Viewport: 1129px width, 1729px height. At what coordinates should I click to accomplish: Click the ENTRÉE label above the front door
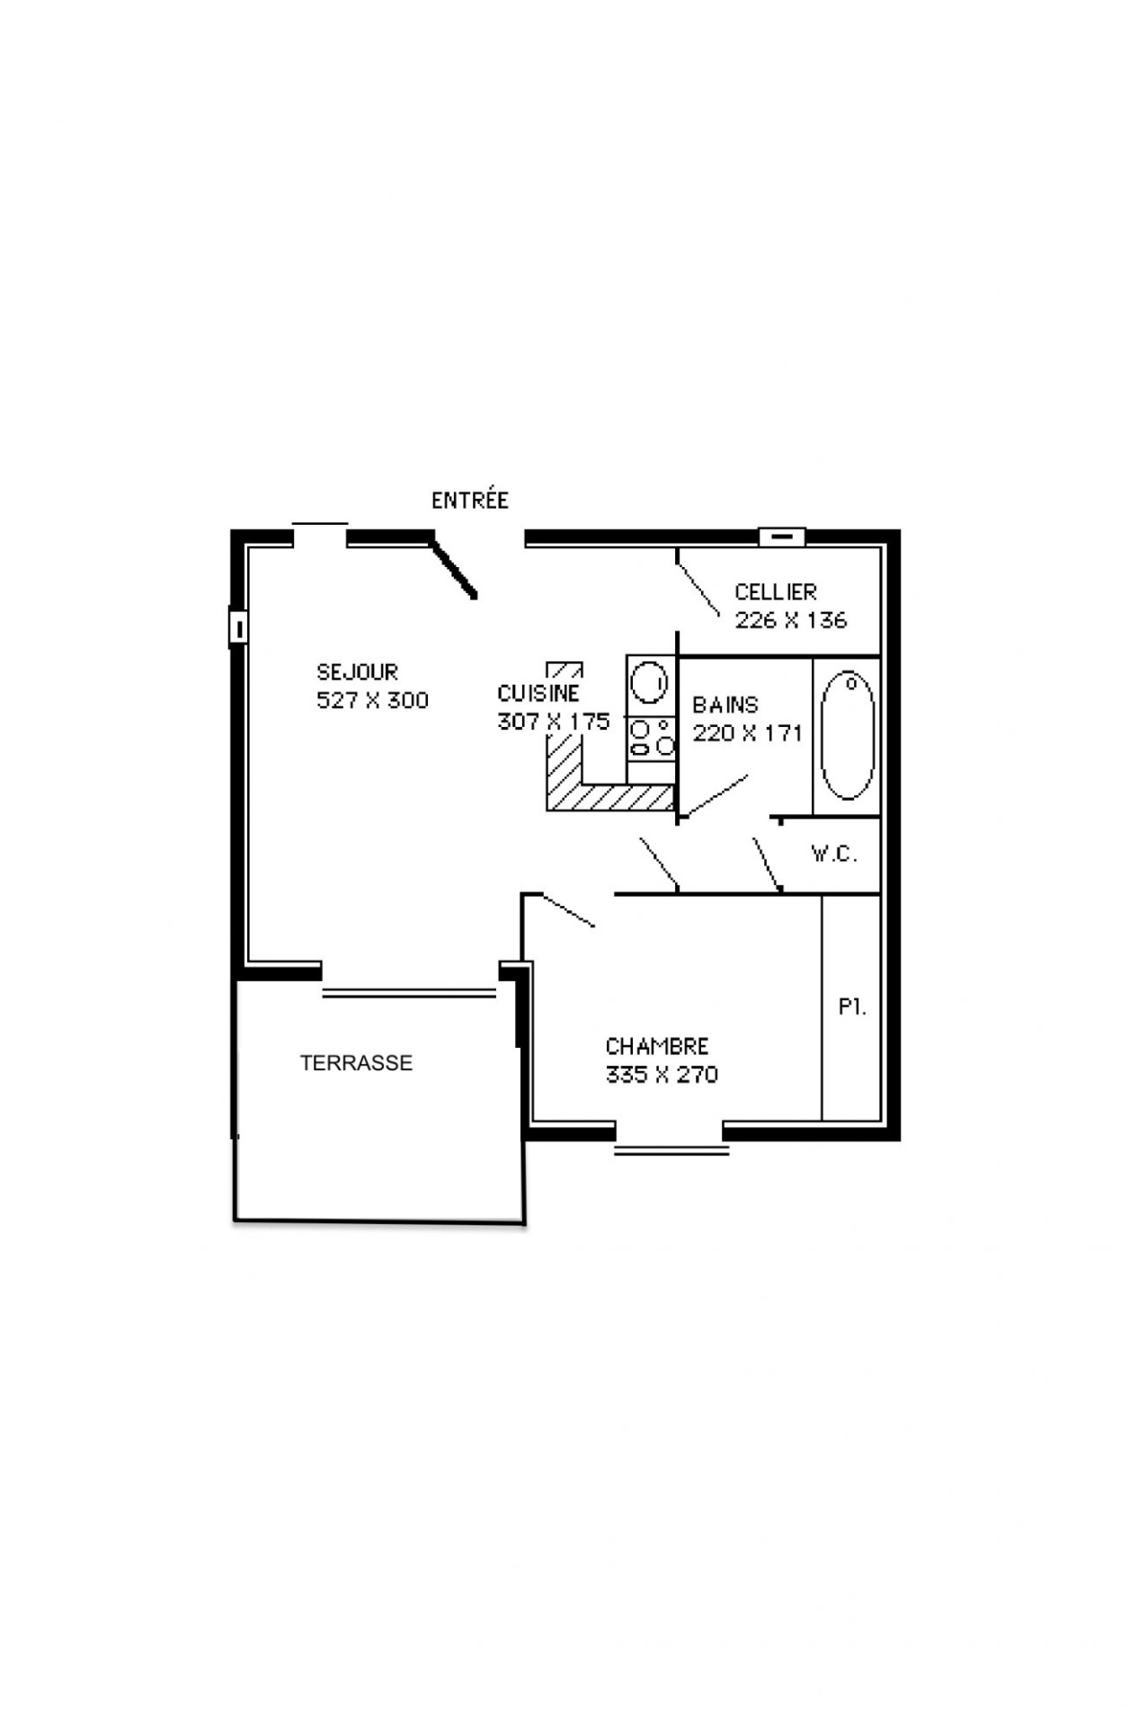tap(470, 500)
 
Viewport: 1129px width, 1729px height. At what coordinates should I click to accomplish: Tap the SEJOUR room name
tap(357, 671)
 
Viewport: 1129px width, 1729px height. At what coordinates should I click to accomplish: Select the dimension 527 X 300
tap(372, 700)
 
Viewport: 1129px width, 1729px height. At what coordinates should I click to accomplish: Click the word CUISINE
tap(538, 693)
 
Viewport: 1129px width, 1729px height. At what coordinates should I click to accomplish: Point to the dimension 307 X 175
tap(554, 721)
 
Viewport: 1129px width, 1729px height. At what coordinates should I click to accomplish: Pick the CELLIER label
tap(776, 591)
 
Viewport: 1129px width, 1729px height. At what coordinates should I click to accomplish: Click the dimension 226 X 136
tap(791, 620)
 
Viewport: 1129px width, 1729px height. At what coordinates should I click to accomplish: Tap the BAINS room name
tap(725, 705)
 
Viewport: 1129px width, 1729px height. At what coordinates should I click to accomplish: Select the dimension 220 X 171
tap(747, 733)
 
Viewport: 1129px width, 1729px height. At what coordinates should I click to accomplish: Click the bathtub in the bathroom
tap(847, 735)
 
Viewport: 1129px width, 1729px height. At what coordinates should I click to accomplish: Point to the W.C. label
tap(834, 854)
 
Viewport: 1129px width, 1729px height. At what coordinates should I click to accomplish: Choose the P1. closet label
tap(852, 1007)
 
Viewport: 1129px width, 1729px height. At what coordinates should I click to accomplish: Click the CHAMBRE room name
tap(657, 1046)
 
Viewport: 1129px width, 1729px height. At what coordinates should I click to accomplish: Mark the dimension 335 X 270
tap(662, 1075)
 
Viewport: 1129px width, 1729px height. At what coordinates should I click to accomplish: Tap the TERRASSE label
tap(356, 1063)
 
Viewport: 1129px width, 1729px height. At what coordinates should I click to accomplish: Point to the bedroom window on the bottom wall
tap(671, 1148)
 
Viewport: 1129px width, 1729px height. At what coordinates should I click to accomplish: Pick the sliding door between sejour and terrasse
tap(409, 993)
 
